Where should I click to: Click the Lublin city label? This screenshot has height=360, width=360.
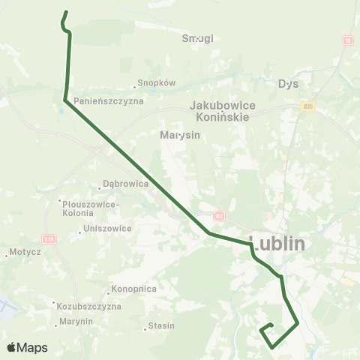[x=277, y=244]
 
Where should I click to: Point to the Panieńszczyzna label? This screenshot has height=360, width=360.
[x=109, y=100]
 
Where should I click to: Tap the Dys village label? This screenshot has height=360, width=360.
[x=288, y=83]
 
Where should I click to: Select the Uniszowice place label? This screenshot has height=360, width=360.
[x=108, y=228]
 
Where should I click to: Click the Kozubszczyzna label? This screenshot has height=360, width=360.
[x=88, y=306]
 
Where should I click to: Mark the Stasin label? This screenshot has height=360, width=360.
[x=160, y=325]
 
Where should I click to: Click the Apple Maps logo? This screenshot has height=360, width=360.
[x=27, y=347]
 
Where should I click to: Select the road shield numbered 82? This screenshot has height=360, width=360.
[x=219, y=216]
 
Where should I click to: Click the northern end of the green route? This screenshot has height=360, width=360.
[x=67, y=12]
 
